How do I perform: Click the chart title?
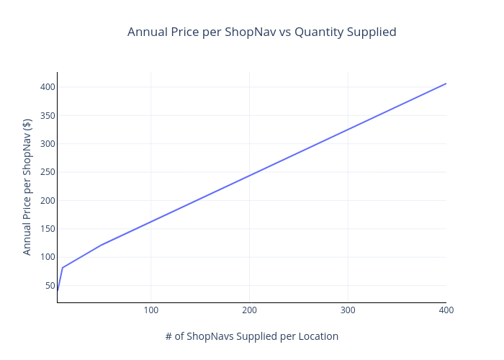coord(261,32)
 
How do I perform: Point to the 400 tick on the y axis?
coord(48,87)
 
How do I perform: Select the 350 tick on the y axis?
coord(48,115)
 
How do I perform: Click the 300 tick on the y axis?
coord(48,144)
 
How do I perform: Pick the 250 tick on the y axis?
coord(48,172)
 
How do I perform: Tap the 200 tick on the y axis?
coord(48,201)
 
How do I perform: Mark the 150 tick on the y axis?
coord(48,229)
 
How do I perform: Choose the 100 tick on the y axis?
coord(48,257)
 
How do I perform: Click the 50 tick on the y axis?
coord(50,286)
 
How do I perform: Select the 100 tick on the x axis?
coord(150,310)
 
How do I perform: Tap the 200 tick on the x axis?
coord(249,310)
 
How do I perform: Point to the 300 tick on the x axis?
coord(348,310)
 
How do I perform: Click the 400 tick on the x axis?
coord(446,310)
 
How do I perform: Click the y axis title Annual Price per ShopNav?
coord(27,187)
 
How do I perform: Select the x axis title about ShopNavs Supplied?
coord(251,336)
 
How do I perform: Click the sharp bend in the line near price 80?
coord(63,268)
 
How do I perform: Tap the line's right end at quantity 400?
coord(446,84)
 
